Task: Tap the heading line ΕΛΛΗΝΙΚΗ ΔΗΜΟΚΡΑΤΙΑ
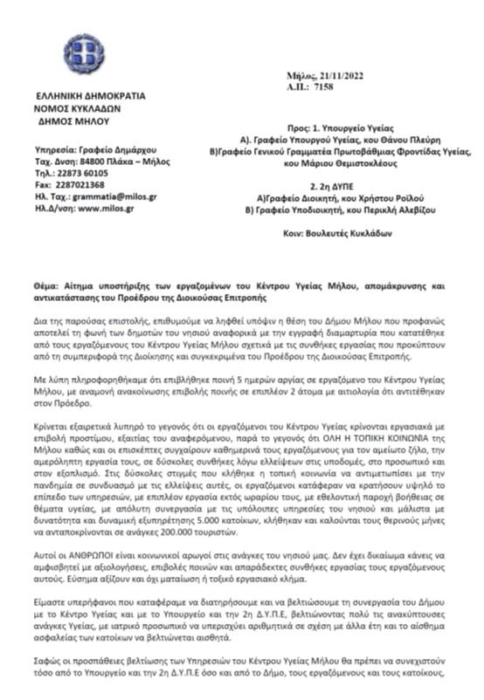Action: (x=91, y=96)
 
